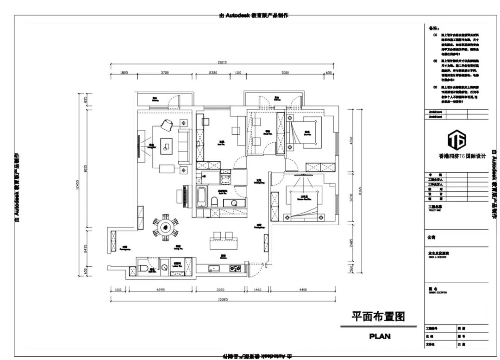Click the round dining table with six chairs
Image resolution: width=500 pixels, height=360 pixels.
(165, 227)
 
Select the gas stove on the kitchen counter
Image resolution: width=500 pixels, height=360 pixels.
(236, 267)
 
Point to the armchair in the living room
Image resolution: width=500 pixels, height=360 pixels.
(166, 124)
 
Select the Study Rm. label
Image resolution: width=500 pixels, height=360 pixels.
(267, 132)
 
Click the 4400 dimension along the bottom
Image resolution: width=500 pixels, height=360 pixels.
(303, 290)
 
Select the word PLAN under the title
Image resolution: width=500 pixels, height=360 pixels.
(380, 336)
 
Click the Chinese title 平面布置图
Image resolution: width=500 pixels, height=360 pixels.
(378, 316)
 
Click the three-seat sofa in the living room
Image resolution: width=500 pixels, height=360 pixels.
(184, 146)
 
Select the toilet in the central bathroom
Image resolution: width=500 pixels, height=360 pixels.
(215, 202)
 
